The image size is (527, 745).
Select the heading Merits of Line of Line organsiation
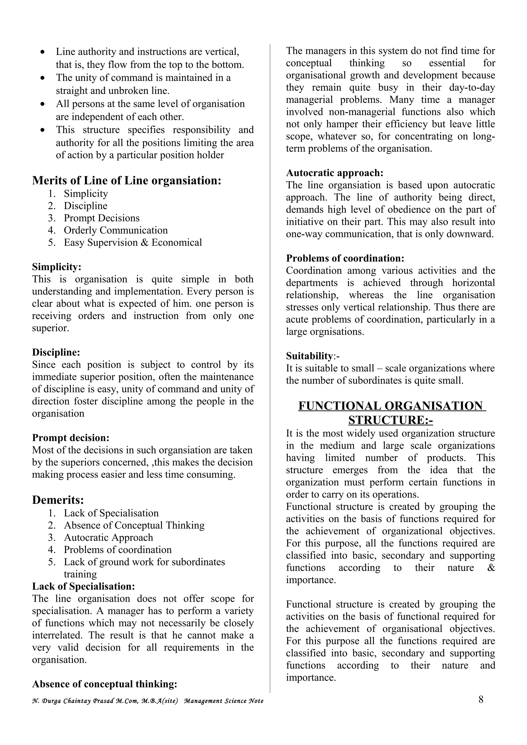point(127,180)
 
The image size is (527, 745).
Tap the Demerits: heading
point(58,500)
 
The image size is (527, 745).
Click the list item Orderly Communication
point(116,230)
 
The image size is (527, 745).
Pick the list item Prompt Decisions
point(102,218)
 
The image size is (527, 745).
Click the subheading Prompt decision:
point(71,438)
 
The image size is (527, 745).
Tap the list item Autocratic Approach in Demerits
point(108,537)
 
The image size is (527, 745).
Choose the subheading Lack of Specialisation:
point(83,586)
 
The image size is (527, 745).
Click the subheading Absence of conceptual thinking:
point(104,684)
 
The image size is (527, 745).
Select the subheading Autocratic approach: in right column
point(335,172)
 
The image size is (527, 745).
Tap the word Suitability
point(309,356)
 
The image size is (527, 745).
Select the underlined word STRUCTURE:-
point(390,420)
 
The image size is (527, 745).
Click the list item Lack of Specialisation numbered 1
point(111,513)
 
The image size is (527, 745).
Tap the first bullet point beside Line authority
point(42,52)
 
